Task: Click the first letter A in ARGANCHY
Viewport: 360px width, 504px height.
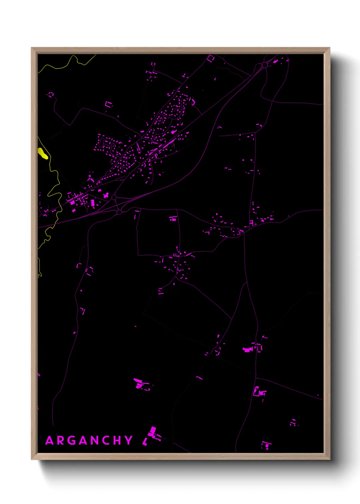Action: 49,440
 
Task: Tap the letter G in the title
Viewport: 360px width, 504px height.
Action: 72,440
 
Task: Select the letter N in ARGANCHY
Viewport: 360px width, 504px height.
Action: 95,440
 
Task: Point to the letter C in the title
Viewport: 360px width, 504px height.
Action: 107,440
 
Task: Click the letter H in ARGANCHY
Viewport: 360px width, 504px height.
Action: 118,440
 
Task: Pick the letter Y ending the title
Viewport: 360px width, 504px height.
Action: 129,440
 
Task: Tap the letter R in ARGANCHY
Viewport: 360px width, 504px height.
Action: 61,440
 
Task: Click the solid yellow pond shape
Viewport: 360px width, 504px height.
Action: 43,154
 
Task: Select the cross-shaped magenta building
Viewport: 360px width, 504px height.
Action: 106,195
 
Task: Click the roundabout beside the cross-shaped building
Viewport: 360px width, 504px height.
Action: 114,197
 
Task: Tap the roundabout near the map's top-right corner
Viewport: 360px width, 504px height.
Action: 264,65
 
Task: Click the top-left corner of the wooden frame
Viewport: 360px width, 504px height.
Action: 32,48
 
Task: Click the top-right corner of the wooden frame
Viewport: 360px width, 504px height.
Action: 329,48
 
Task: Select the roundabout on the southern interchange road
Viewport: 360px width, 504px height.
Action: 119,212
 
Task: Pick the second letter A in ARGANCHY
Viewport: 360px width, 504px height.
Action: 83,440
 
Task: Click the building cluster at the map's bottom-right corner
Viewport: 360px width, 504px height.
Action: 266,444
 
